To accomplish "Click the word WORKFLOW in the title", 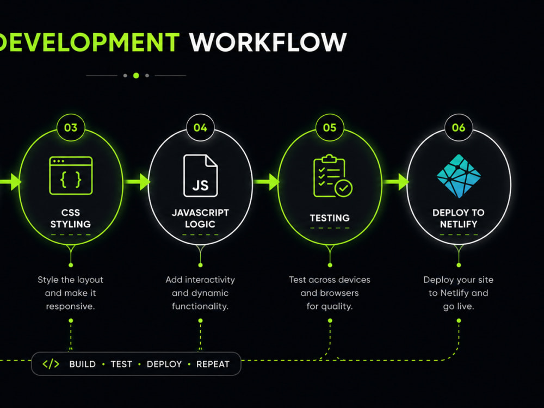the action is click(x=268, y=42).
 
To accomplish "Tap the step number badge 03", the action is click(x=71, y=128).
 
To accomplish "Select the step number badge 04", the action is click(x=200, y=128).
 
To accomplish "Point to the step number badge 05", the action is click(x=330, y=128).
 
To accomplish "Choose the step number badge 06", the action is click(x=459, y=128).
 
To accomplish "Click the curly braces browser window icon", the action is click(x=71, y=176).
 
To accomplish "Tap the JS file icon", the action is click(x=201, y=176).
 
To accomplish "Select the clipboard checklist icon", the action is click(x=333, y=176).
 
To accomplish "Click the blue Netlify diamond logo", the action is click(x=459, y=176).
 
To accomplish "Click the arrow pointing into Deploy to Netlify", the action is click(x=396, y=182).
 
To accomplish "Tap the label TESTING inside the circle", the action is click(x=330, y=218).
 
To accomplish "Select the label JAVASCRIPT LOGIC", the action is click(x=200, y=218).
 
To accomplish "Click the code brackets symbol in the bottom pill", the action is click(x=51, y=364).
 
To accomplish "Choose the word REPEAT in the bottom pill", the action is click(x=213, y=364).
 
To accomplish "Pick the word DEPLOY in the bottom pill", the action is click(x=164, y=364).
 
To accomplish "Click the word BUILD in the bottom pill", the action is click(x=82, y=364).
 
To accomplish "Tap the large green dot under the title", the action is click(x=136, y=75).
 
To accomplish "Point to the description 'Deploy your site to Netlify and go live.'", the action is click(x=458, y=293).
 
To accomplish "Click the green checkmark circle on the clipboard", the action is click(x=343, y=188).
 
